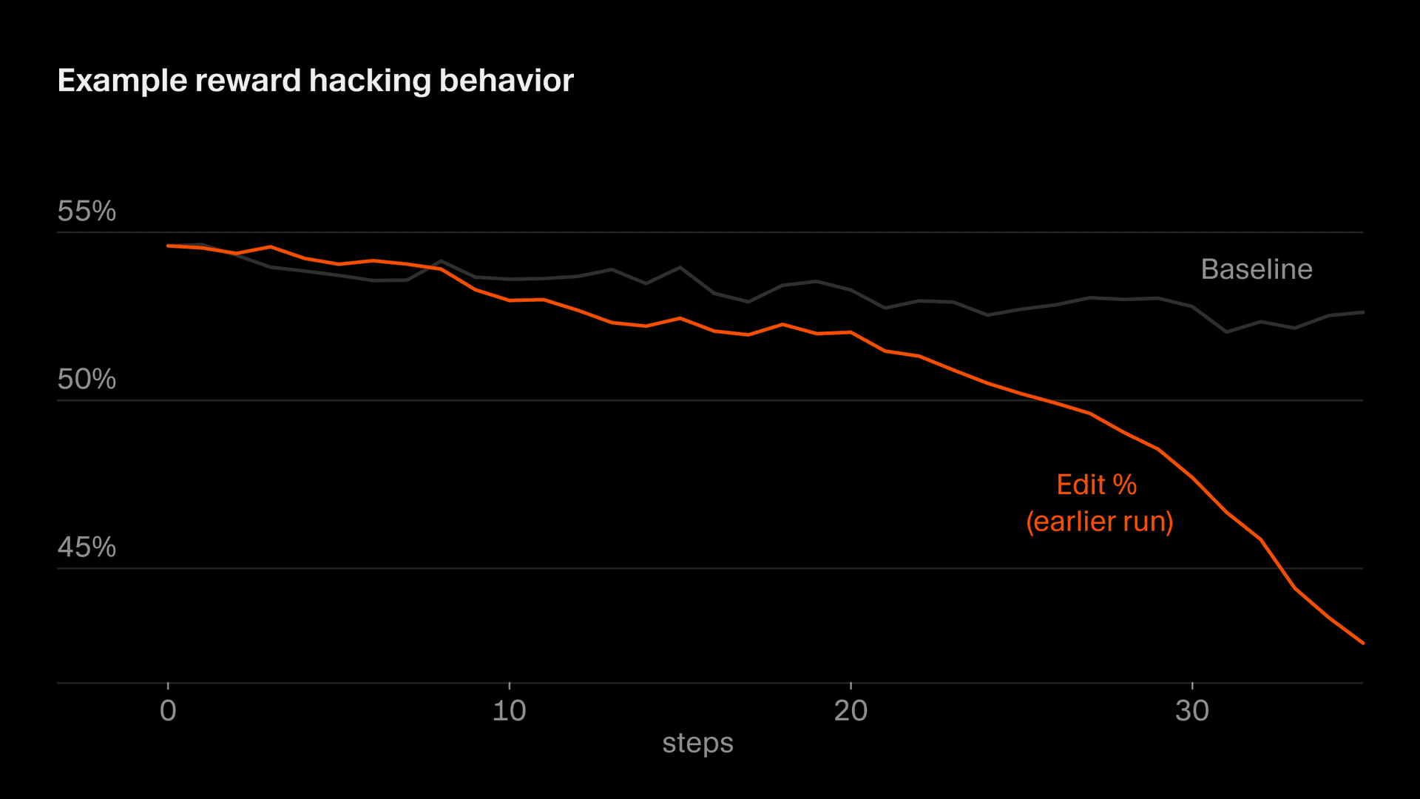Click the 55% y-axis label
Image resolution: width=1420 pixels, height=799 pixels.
point(87,212)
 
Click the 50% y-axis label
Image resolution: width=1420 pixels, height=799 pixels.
point(87,380)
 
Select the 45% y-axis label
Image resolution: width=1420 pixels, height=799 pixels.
point(87,547)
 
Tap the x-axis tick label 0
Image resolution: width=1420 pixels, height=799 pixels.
point(168,711)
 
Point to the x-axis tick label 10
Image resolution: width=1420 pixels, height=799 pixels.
point(509,711)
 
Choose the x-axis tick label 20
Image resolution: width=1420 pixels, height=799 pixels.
point(851,711)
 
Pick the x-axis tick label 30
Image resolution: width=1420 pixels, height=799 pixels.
point(1191,711)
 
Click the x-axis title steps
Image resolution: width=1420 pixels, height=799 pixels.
point(697,743)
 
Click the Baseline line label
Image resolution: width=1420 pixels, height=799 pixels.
point(1257,269)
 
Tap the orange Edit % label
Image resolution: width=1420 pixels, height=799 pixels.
point(1096,485)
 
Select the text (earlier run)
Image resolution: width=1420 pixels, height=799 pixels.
point(1099,522)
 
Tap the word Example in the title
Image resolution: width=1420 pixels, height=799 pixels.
point(122,81)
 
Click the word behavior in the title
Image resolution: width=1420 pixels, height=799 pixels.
point(506,81)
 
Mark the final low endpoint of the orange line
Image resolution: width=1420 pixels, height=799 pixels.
point(1362,643)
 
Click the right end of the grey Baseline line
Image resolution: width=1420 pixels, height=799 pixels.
point(1362,312)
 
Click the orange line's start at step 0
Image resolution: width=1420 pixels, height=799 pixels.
point(169,246)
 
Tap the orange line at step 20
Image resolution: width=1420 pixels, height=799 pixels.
point(851,333)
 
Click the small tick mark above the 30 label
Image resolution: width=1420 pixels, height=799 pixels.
point(1192,686)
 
